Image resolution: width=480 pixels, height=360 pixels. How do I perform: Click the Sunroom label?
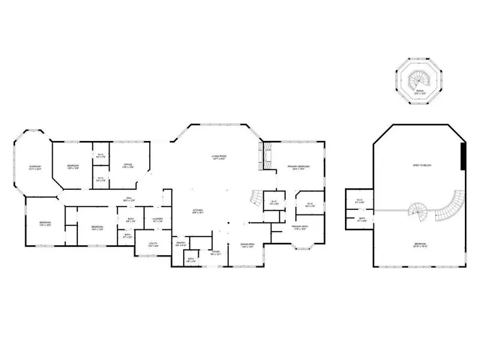(x=35, y=167)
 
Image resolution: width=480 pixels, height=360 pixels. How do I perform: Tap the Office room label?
(x=127, y=166)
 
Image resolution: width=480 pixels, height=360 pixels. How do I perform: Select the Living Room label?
(x=219, y=157)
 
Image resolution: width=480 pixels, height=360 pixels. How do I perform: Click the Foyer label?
(x=215, y=252)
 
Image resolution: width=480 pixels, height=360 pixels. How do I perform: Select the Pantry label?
(x=181, y=244)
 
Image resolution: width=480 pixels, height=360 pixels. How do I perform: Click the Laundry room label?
(x=157, y=220)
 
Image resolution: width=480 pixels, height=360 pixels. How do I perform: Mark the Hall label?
(x=128, y=199)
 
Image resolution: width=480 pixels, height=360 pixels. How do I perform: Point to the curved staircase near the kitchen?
(x=257, y=199)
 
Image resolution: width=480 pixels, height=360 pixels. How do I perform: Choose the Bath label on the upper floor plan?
(x=361, y=220)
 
